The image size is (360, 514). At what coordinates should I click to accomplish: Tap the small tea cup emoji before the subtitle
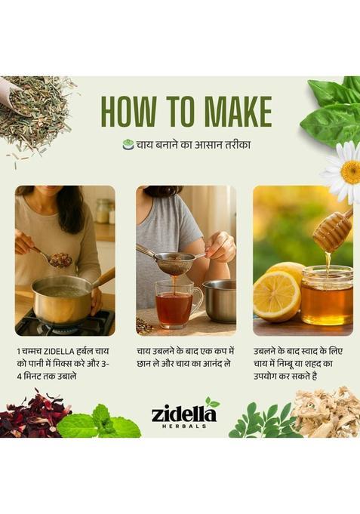pos(128,144)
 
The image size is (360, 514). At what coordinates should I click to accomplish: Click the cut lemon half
pos(275,296)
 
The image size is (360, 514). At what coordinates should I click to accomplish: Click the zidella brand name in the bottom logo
pos(178,414)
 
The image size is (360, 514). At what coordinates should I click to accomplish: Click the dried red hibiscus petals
pos(30,418)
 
